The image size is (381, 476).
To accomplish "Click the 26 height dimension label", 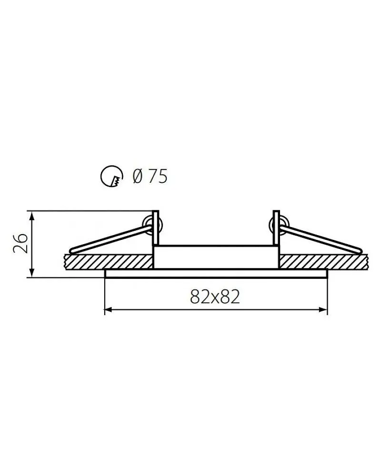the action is click(x=21, y=243).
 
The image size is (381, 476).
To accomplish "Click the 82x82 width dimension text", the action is click(x=215, y=297).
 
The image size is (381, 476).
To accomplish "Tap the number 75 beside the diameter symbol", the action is click(x=158, y=176).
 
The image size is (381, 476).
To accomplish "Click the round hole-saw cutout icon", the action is click(x=112, y=177).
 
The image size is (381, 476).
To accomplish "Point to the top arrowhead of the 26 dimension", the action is click(x=32, y=216).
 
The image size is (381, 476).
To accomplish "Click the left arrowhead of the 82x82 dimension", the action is click(x=109, y=310).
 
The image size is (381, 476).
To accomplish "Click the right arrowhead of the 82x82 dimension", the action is click(x=323, y=310).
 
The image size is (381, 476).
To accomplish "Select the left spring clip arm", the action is click(x=111, y=238).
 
